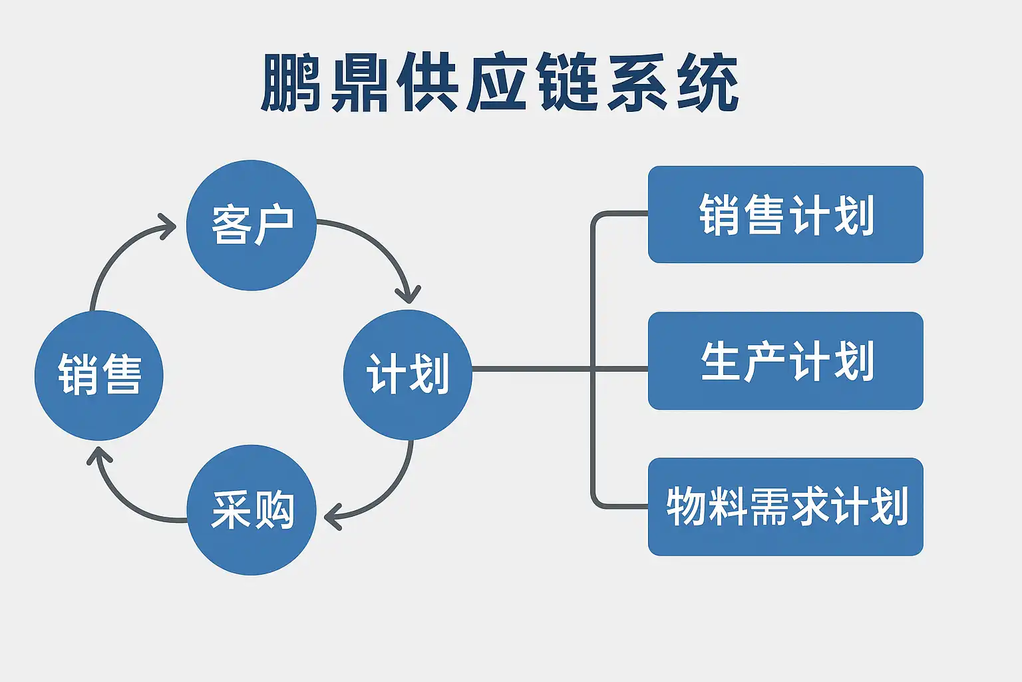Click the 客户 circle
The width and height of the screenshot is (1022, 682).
pyautogui.click(x=251, y=225)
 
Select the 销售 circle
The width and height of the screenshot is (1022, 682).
pyautogui.click(x=99, y=375)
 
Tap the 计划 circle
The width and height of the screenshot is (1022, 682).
pyautogui.click(x=407, y=374)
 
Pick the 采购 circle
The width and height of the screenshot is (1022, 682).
pyautogui.click(x=252, y=510)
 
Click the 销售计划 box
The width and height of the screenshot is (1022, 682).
pyautogui.click(x=785, y=214)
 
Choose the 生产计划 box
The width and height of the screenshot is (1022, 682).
pyautogui.click(x=785, y=360)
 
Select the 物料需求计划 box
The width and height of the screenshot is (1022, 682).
pyautogui.click(x=785, y=506)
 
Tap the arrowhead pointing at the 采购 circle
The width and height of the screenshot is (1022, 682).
pyautogui.click(x=332, y=516)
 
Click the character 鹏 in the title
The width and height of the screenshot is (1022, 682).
pyautogui.click(x=287, y=83)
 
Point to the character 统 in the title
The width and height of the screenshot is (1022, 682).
pyautogui.click(x=707, y=83)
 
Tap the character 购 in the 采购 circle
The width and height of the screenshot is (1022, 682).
pyautogui.click(x=273, y=510)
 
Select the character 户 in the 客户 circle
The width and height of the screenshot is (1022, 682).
pyautogui.click(x=273, y=226)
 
